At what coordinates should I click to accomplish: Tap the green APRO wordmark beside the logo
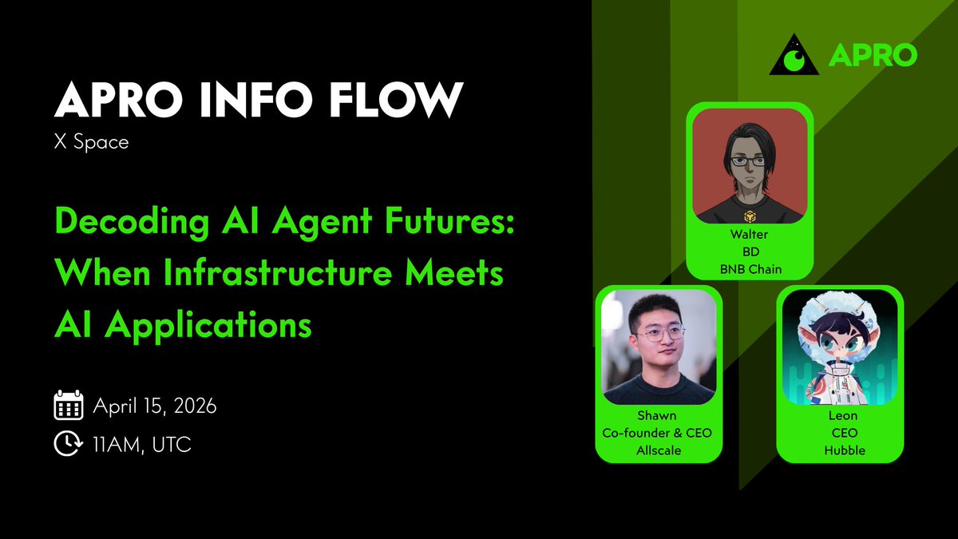(872, 56)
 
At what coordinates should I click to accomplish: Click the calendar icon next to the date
(68, 406)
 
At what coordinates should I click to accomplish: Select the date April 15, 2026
(155, 406)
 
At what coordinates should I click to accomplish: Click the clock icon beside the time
(68, 444)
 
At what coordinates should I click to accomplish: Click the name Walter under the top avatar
(750, 236)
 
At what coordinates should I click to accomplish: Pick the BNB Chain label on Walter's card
(750, 269)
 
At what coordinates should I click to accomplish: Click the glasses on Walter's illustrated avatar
(749, 161)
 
